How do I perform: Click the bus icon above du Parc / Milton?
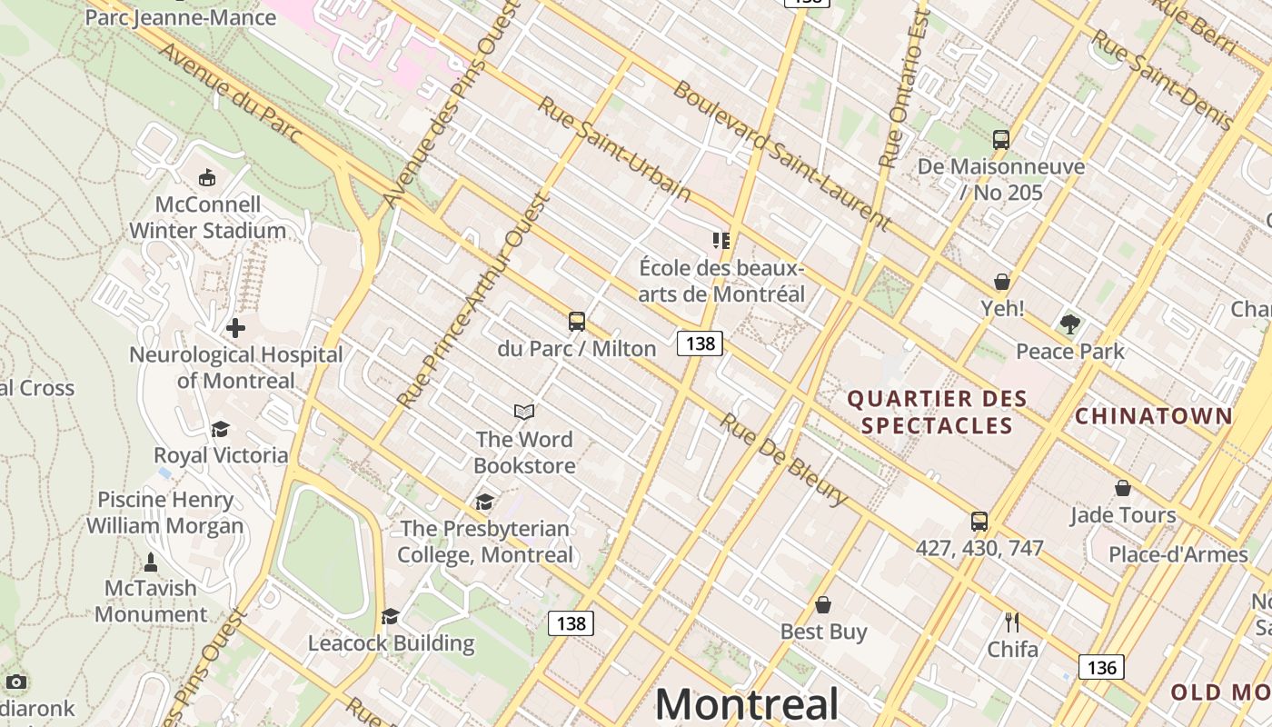pyautogui.click(x=577, y=321)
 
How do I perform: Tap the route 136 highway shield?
pyautogui.click(x=1101, y=667)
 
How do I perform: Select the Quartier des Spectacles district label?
pyautogui.click(x=937, y=412)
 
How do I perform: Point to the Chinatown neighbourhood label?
pyautogui.click(x=1154, y=416)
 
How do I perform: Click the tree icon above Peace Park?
pyautogui.click(x=1070, y=324)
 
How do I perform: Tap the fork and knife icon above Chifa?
pyautogui.click(x=1012, y=622)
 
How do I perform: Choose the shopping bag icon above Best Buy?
pyautogui.click(x=823, y=604)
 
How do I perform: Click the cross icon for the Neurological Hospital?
pyautogui.click(x=235, y=327)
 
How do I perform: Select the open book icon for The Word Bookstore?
pyautogui.click(x=524, y=413)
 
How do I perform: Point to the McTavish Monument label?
pyautogui.click(x=151, y=601)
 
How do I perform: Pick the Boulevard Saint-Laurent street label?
pyautogui.click(x=781, y=155)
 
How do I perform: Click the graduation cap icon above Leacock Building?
pyautogui.click(x=391, y=617)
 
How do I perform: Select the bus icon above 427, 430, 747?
pyautogui.click(x=979, y=522)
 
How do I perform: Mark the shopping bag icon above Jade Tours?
pyautogui.click(x=1123, y=488)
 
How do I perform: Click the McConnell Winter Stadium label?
pyautogui.click(x=208, y=217)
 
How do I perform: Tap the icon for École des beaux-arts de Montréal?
pyautogui.click(x=721, y=241)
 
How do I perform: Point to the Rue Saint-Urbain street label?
pyautogui.click(x=613, y=148)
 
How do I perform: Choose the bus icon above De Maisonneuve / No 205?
pyautogui.click(x=1000, y=140)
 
